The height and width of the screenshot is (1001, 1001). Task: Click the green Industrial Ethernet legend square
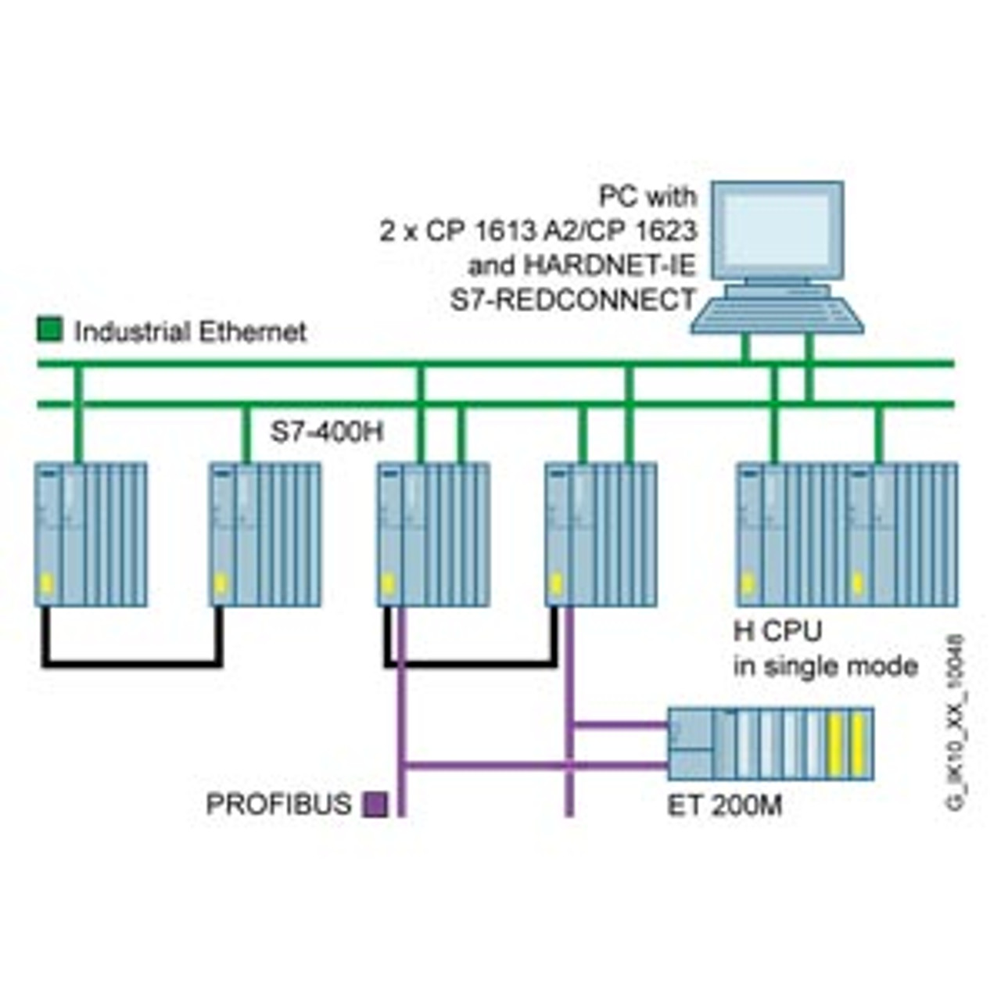coord(50,330)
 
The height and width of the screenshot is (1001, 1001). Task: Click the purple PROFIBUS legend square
coord(376,805)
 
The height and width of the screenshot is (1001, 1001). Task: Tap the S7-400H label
coord(327,432)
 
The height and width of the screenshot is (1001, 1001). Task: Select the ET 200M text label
coord(724,805)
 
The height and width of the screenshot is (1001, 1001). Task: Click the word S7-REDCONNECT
coord(572,300)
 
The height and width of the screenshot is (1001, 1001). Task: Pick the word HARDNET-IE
coord(609,266)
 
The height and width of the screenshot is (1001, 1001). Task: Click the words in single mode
coord(825,666)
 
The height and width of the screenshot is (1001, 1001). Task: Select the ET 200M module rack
coord(770,744)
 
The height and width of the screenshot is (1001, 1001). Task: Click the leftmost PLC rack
coord(91,534)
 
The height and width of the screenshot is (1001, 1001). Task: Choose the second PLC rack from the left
coord(265,534)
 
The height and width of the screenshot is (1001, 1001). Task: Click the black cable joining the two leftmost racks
coord(132,663)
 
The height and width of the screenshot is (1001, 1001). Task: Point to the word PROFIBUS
coord(278,805)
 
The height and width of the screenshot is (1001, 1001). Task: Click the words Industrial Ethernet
coord(190,332)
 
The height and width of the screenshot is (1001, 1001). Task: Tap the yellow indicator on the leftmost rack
coord(46,583)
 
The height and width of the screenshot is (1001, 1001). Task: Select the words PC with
coord(648,196)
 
